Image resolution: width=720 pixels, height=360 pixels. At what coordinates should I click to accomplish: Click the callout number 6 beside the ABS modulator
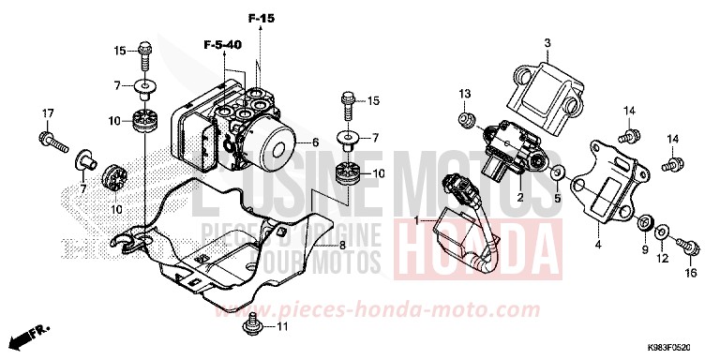pyautogui.click(x=316, y=142)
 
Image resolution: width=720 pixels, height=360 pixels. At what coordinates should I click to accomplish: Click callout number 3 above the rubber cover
pyautogui.click(x=548, y=42)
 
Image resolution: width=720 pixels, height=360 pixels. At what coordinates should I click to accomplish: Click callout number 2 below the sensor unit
pyautogui.click(x=519, y=199)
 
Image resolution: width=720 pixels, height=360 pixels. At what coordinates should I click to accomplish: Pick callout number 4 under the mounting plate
pyautogui.click(x=596, y=247)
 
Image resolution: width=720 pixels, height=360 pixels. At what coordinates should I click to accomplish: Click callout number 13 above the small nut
pyautogui.click(x=463, y=94)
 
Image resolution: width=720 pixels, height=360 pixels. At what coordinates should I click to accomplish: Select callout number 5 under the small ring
pyautogui.click(x=556, y=199)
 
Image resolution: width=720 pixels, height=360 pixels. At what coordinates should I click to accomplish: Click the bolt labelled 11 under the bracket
pyautogui.click(x=252, y=324)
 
